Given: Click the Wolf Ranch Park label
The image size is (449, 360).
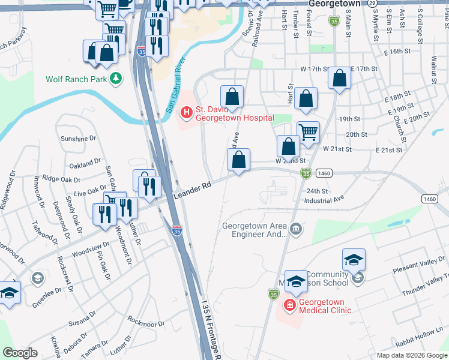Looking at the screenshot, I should (x=76, y=79).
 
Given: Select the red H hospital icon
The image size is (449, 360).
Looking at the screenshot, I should (x=186, y=111).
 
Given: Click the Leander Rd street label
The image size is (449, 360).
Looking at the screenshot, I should (x=193, y=191).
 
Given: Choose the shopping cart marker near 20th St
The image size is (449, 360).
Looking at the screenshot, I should (x=308, y=131).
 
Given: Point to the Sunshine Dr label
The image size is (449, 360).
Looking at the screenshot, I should (x=79, y=138).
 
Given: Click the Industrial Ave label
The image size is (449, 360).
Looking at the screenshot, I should (x=324, y=199).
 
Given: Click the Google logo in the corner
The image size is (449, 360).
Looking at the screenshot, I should (x=20, y=353).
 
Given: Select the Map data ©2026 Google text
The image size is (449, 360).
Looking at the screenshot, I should (x=411, y=355).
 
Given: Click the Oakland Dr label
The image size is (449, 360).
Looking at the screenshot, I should (x=85, y=163).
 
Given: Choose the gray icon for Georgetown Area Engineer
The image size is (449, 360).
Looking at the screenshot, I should (x=295, y=229).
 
